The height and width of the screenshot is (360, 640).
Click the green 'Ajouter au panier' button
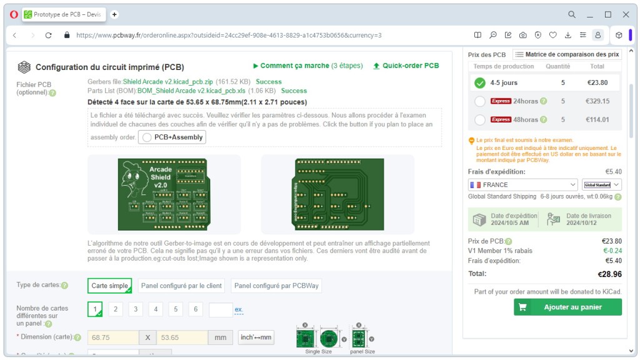[567, 307]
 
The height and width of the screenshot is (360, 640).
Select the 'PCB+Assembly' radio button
[147, 137]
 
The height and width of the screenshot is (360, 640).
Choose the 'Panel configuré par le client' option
[181, 286]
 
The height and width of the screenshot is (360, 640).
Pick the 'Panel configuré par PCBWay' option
[276, 286]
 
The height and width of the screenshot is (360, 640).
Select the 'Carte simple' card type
[109, 286]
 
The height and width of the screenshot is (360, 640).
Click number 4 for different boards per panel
[156, 309]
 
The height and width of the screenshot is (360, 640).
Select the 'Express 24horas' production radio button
[480, 101]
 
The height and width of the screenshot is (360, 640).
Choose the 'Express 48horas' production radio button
[480, 120]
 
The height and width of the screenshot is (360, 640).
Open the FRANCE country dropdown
[522, 185]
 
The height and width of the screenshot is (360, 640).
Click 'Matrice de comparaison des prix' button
[567, 54]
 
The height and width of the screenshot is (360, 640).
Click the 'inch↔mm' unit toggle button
[256, 337]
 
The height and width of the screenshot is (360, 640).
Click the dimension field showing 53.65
[182, 337]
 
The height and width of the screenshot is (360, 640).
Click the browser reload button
[49, 35]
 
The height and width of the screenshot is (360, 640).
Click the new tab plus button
[114, 14]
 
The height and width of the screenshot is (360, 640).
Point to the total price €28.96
[609, 274]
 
